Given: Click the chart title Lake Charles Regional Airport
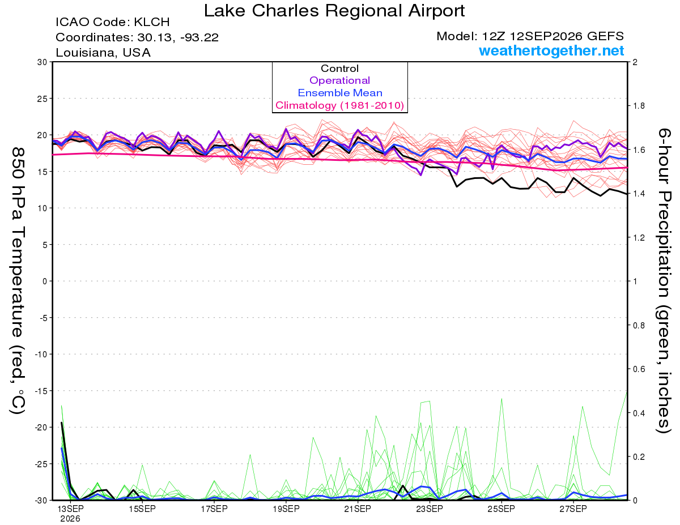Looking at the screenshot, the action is pyautogui.click(x=334, y=11).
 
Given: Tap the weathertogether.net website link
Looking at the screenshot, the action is pyautogui.click(x=551, y=50).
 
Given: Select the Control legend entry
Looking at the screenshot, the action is pyautogui.click(x=339, y=69).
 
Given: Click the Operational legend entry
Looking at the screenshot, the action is pyautogui.click(x=339, y=80).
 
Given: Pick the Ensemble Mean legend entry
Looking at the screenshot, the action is pyautogui.click(x=340, y=93).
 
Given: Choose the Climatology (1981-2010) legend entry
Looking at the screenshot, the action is pyautogui.click(x=339, y=105).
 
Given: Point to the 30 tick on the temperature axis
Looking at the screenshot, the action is pyautogui.click(x=42, y=62).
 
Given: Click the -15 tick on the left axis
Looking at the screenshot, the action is pyautogui.click(x=41, y=391).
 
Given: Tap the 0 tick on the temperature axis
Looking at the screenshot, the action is pyautogui.click(x=45, y=281).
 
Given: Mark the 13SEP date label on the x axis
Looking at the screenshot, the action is pyautogui.click(x=70, y=509).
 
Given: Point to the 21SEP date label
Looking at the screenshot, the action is pyautogui.click(x=358, y=509).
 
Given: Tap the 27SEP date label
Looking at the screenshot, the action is pyautogui.click(x=573, y=509).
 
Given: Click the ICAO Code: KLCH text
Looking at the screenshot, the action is pyautogui.click(x=113, y=22).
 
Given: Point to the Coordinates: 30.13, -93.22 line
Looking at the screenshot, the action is pyautogui.click(x=137, y=37).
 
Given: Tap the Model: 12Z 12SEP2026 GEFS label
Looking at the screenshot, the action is pyautogui.click(x=530, y=36).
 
